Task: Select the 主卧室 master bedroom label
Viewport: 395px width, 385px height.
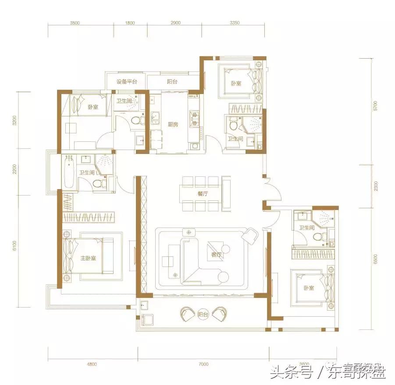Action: (89, 258)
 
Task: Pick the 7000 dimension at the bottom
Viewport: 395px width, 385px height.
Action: (203, 364)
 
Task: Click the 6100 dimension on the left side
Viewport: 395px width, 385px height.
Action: (15, 246)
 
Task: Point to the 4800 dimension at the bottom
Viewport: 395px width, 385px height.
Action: (91, 364)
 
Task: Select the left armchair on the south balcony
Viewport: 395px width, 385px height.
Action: (189, 314)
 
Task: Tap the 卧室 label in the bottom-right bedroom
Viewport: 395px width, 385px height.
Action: (309, 288)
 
